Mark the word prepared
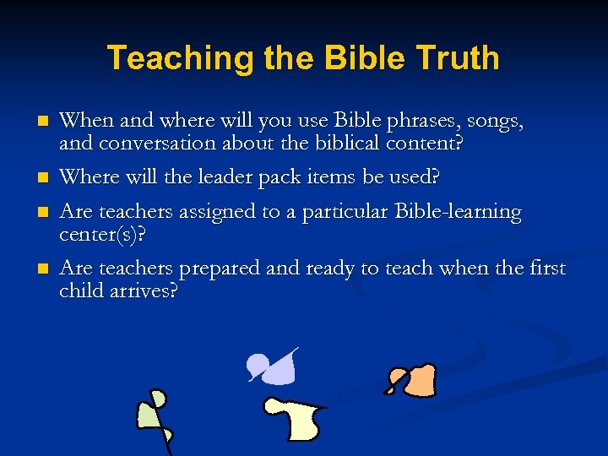(217, 269)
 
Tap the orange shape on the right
(415, 381)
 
